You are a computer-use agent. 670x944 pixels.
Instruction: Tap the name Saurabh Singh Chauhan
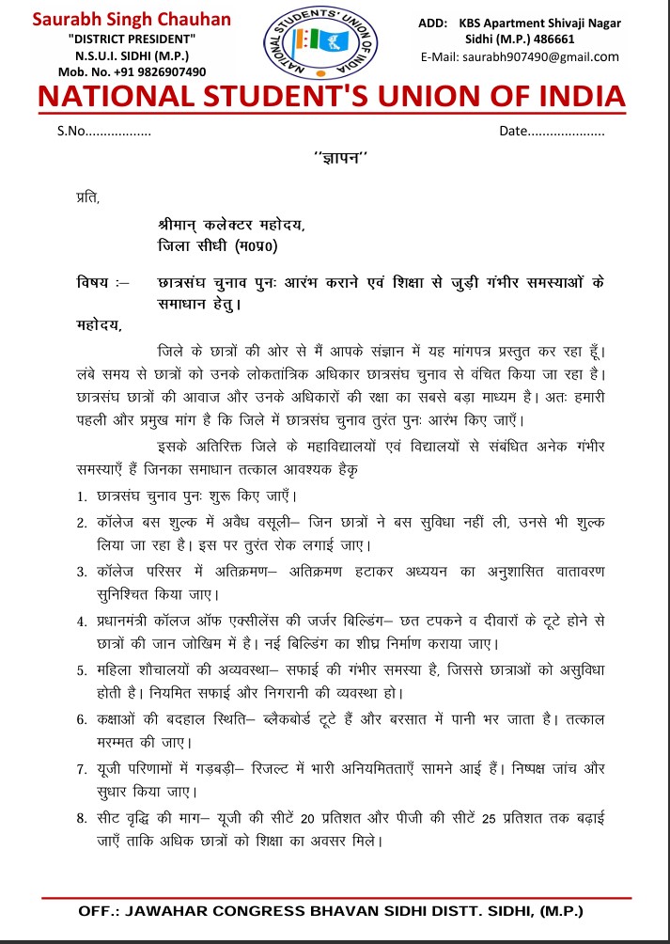(132, 20)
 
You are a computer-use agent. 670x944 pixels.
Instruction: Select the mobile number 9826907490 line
(132, 71)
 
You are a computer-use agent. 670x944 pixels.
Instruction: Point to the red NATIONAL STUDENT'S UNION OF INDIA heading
(331, 97)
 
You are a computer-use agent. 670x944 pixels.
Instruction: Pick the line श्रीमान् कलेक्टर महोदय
(231, 226)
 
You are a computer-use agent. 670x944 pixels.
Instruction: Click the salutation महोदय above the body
(98, 325)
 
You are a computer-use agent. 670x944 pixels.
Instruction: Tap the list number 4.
(82, 622)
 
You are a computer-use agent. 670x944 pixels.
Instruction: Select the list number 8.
(82, 820)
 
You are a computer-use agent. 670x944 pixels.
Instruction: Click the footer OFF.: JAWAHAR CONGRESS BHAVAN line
(331, 912)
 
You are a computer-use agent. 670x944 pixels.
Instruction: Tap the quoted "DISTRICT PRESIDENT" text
(132, 38)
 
